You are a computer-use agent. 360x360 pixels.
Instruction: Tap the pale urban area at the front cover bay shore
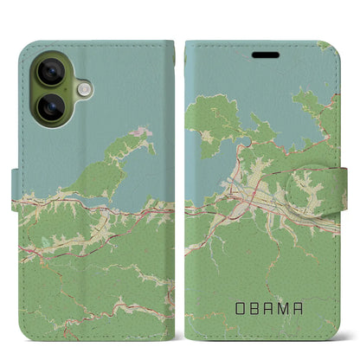tap(238, 186)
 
